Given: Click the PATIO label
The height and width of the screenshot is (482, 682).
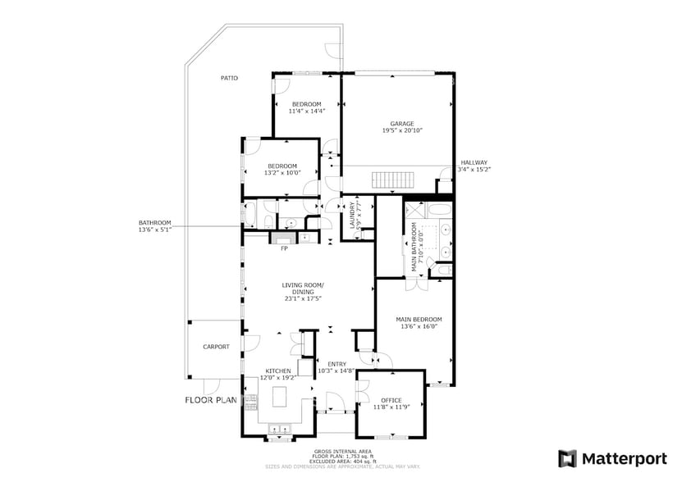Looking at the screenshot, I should pos(229,78).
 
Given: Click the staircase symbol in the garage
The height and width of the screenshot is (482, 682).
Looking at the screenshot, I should pos(391,180).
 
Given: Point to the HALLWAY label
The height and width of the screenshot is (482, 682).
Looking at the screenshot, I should pos(474,162).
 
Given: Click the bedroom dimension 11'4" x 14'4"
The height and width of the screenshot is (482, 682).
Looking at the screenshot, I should pos(307,111).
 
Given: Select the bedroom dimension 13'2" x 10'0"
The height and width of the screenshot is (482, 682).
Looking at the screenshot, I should pos(281,173).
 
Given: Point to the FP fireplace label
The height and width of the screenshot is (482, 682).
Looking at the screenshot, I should pos(284,248).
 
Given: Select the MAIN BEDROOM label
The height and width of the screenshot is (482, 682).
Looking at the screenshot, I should pos(419,319).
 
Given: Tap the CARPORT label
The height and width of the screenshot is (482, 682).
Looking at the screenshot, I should pos(216,347).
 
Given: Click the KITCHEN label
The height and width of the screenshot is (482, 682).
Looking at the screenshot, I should pos(277,371).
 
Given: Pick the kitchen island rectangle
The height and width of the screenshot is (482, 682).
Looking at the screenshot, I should pos(278,399).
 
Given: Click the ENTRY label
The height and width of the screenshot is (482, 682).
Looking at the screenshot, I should pos(336,364).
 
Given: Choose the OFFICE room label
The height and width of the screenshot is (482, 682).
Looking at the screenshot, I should pos(391,400).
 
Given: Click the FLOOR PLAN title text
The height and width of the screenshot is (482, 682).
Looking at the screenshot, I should pos(210,400).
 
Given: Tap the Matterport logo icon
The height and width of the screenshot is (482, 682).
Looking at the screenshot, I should pos(568,458).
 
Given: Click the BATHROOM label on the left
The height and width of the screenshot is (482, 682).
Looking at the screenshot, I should pos(154,223).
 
